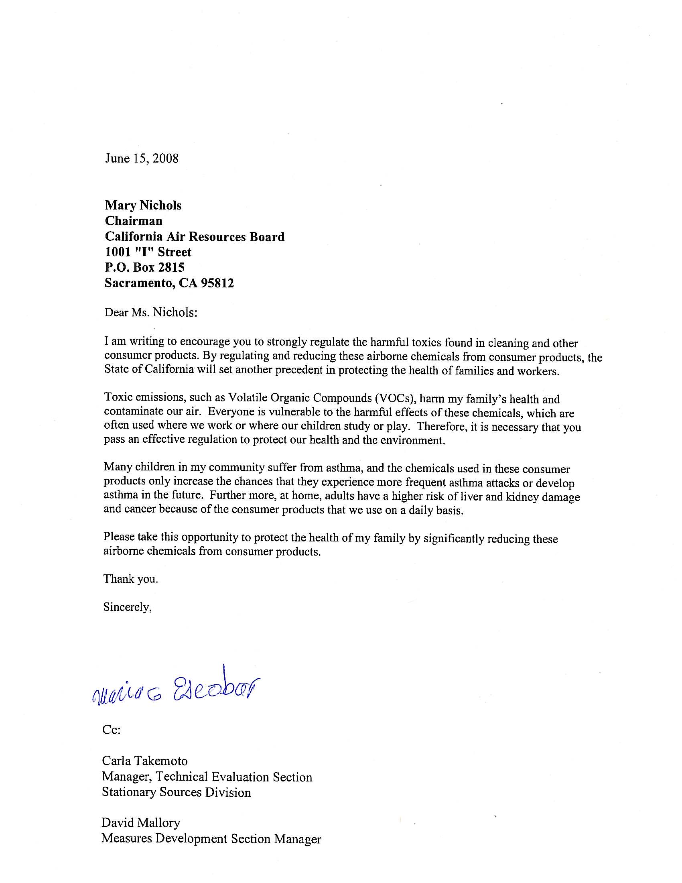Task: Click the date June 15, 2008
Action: [x=141, y=158]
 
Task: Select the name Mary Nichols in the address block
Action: [x=143, y=205]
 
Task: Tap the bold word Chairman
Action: [x=133, y=221]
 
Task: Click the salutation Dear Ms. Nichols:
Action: [x=151, y=313]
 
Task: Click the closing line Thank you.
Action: [x=130, y=579]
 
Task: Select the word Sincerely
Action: [x=127, y=607]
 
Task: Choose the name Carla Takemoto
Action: [x=145, y=761]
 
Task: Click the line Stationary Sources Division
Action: [x=176, y=792]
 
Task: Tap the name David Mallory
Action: [x=140, y=822]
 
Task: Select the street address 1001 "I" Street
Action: [x=148, y=252]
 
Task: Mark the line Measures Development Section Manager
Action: [x=211, y=838]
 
